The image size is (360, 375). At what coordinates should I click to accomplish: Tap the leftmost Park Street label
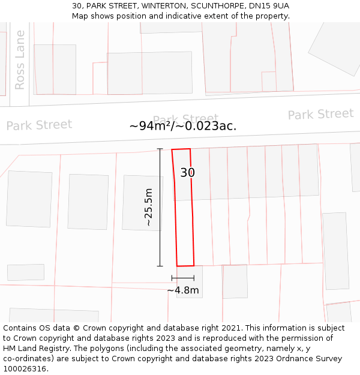click(39, 125)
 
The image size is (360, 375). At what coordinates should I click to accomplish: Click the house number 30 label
click(187, 173)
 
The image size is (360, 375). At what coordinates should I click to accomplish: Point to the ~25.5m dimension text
click(149, 208)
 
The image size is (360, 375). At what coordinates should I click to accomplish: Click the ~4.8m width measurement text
click(183, 290)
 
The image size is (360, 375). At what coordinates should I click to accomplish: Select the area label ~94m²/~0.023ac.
click(183, 126)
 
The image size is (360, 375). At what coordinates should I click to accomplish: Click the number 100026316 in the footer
click(25, 369)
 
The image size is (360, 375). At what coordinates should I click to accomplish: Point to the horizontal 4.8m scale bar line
click(183, 278)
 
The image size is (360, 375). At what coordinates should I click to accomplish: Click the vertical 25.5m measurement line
click(160, 207)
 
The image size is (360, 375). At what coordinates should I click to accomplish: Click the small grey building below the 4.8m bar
click(190, 284)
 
